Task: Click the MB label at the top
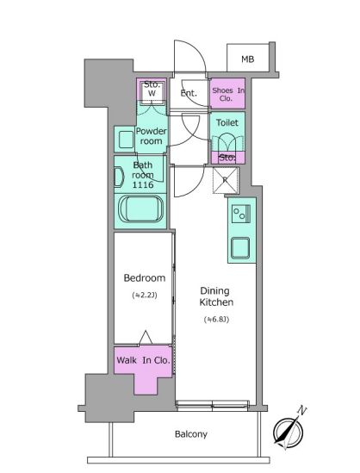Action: coord(247,59)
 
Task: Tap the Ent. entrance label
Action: coord(189,93)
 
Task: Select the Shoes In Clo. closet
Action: coord(227,93)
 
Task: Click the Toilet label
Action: coord(227,122)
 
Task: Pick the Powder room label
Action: coord(151,136)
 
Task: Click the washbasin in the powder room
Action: coord(126,140)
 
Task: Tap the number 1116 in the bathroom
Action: coord(143,185)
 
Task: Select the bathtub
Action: coord(140,209)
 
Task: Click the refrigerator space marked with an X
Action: coord(226,180)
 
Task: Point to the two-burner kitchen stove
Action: coord(241,214)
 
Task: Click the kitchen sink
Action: coord(240,248)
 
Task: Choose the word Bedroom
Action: coord(145,277)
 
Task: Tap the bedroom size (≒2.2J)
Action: coord(145,295)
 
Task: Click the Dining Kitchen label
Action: coord(216,296)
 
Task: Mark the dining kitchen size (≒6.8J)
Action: coord(216,319)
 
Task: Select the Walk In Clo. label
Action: coord(143,360)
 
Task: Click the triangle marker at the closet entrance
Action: coord(146,338)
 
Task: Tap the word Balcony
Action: coord(191,434)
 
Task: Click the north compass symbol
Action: coord(289,430)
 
